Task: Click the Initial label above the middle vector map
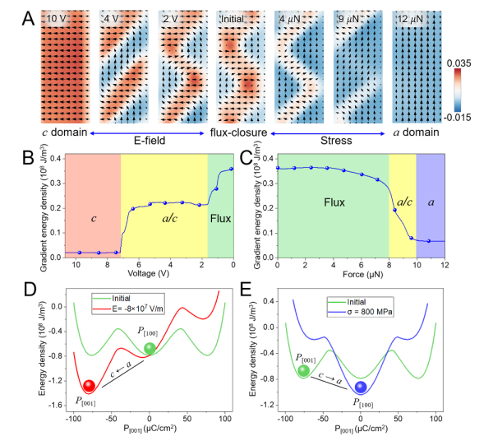[237, 17]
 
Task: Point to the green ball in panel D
[150, 348]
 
